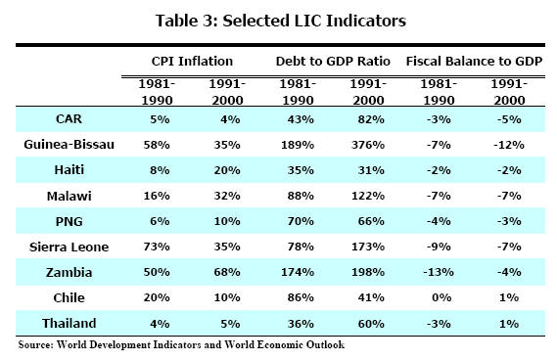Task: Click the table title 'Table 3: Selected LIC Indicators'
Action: [278, 20]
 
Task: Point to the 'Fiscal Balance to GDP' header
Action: [475, 62]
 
